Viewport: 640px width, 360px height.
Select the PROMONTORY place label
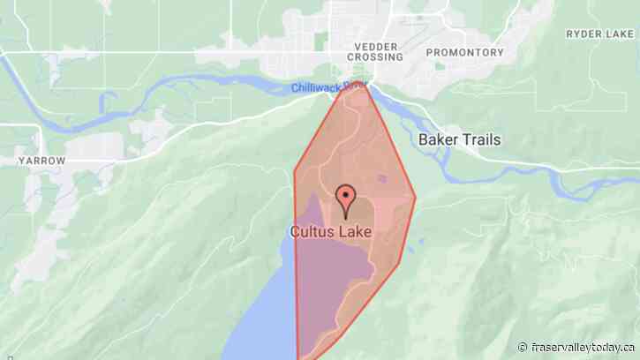[464, 53]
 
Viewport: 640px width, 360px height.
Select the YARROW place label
[41, 161]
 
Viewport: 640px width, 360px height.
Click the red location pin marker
[345, 199]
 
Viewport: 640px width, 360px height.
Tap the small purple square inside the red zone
[382, 178]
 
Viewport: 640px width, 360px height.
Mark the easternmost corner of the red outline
[415, 197]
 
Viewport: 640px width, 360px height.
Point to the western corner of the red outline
[294, 168]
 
